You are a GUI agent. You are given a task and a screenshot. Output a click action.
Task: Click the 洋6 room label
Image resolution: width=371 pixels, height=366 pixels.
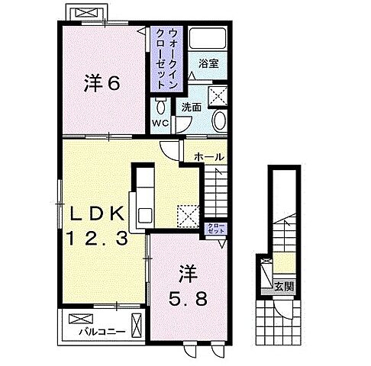point(102,83)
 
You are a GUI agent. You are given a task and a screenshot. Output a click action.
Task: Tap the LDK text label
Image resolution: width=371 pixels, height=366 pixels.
point(98,214)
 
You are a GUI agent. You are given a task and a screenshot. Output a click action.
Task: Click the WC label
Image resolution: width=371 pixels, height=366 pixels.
point(160,123)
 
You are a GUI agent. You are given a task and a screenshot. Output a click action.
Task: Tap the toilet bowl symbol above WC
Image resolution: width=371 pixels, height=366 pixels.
point(160,106)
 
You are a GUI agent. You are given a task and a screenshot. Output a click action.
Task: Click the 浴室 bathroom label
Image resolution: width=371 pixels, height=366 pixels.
point(208,63)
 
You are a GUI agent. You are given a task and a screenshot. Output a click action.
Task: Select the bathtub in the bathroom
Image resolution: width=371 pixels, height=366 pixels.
point(208,38)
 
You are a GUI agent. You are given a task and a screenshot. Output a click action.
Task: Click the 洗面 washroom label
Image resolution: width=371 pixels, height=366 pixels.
point(192,108)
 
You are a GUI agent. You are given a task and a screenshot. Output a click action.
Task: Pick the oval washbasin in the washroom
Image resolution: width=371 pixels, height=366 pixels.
point(219,120)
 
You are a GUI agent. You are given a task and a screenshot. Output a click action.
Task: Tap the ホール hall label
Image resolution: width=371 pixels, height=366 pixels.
point(209,157)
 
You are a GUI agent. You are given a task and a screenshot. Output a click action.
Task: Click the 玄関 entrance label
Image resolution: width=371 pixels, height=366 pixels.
point(284,287)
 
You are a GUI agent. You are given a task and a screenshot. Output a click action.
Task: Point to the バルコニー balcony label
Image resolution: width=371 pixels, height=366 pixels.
point(102,332)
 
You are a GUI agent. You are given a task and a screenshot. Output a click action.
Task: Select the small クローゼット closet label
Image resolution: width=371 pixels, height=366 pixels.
point(216,228)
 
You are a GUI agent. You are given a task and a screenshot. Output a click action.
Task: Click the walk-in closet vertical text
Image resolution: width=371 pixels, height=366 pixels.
point(166,59)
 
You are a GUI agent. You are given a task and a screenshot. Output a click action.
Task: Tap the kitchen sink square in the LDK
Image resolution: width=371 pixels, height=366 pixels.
point(145,216)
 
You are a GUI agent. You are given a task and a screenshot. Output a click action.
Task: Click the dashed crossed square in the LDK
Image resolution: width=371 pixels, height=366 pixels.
point(189,216)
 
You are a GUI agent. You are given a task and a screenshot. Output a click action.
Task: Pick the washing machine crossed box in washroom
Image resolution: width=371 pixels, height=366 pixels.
point(218,96)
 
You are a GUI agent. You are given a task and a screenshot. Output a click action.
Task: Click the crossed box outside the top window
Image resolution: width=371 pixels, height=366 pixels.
point(87,12)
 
